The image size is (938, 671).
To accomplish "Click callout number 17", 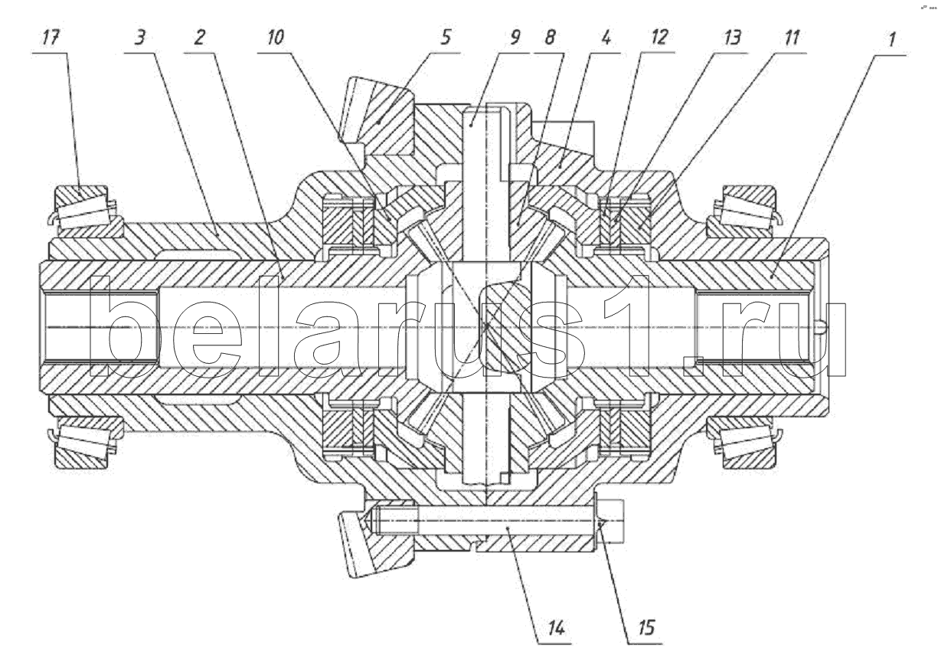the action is [x=51, y=38].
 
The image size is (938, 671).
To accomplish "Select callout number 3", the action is [x=140, y=38].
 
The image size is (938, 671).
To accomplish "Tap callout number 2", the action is [x=199, y=38].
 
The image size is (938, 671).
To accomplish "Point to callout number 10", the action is [x=276, y=38].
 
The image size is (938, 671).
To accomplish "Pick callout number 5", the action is [x=446, y=37].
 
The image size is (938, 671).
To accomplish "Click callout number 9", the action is [x=515, y=38].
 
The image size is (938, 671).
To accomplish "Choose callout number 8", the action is [x=550, y=38].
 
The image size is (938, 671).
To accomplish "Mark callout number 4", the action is [x=606, y=38].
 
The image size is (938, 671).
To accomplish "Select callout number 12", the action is [x=659, y=38].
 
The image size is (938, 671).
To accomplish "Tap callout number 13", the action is [x=731, y=38].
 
